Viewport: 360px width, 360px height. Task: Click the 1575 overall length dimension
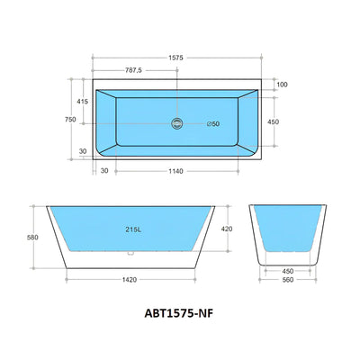pyautogui.click(x=176, y=57)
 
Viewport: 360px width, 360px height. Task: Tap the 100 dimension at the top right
pyautogui.click(x=282, y=85)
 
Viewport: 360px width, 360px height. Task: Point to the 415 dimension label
pyautogui.click(x=83, y=102)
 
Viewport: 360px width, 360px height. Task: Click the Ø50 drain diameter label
pyautogui.click(x=212, y=123)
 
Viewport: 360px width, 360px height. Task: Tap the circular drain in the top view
pyautogui.click(x=176, y=123)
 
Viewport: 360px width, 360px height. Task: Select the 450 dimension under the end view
pyautogui.click(x=288, y=269)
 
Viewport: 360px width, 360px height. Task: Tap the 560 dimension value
pyautogui.click(x=288, y=279)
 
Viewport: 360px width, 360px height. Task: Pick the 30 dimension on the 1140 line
pyautogui.click(x=104, y=170)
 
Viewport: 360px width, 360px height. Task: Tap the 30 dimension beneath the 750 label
pyautogui.click(x=83, y=151)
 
